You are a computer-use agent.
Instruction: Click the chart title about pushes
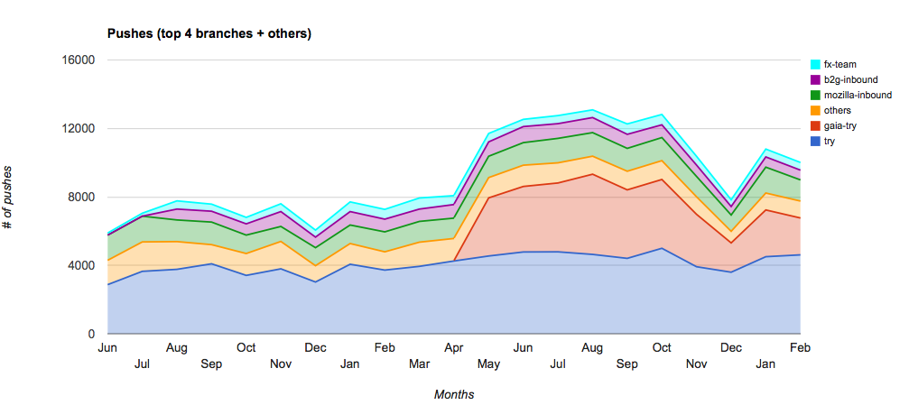click(209, 34)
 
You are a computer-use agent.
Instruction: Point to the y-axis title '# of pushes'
click(8, 198)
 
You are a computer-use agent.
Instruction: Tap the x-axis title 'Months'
click(454, 394)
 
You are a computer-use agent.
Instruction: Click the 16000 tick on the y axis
click(79, 60)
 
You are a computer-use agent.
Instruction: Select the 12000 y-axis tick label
click(79, 129)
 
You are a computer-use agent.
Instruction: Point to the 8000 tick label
click(81, 198)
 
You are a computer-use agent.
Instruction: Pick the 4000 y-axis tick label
click(81, 266)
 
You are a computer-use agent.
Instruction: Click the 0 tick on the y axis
click(91, 335)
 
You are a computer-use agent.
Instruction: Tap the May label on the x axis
click(488, 364)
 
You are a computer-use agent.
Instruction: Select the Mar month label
click(419, 364)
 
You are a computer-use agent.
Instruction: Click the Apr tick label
click(454, 347)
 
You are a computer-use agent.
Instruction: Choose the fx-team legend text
click(839, 65)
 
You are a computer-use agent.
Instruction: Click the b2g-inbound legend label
click(850, 80)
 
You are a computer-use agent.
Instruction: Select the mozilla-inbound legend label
click(858, 95)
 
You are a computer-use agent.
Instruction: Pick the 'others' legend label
click(837, 110)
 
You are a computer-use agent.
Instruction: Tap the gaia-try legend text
click(840, 125)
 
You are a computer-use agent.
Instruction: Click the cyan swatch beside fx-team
click(815, 65)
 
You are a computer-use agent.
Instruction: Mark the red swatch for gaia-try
click(815, 125)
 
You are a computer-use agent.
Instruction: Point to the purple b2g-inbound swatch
click(815, 80)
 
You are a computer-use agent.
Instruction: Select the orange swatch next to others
click(815, 110)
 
